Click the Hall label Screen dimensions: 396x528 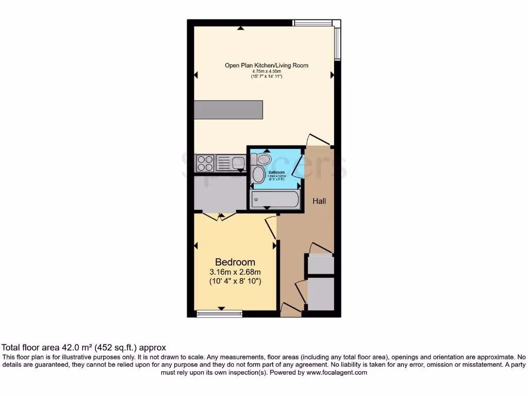320,201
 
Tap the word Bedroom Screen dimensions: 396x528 235,262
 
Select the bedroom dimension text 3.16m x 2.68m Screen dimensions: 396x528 235,272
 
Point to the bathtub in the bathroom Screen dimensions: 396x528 274,199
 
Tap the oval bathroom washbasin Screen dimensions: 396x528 258,174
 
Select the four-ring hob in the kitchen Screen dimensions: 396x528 205,163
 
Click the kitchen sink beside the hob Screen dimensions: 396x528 238,163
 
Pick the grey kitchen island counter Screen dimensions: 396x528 228,109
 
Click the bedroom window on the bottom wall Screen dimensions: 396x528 220,313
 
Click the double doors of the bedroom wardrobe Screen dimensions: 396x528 220,216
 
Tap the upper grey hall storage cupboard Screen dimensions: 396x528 320,263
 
